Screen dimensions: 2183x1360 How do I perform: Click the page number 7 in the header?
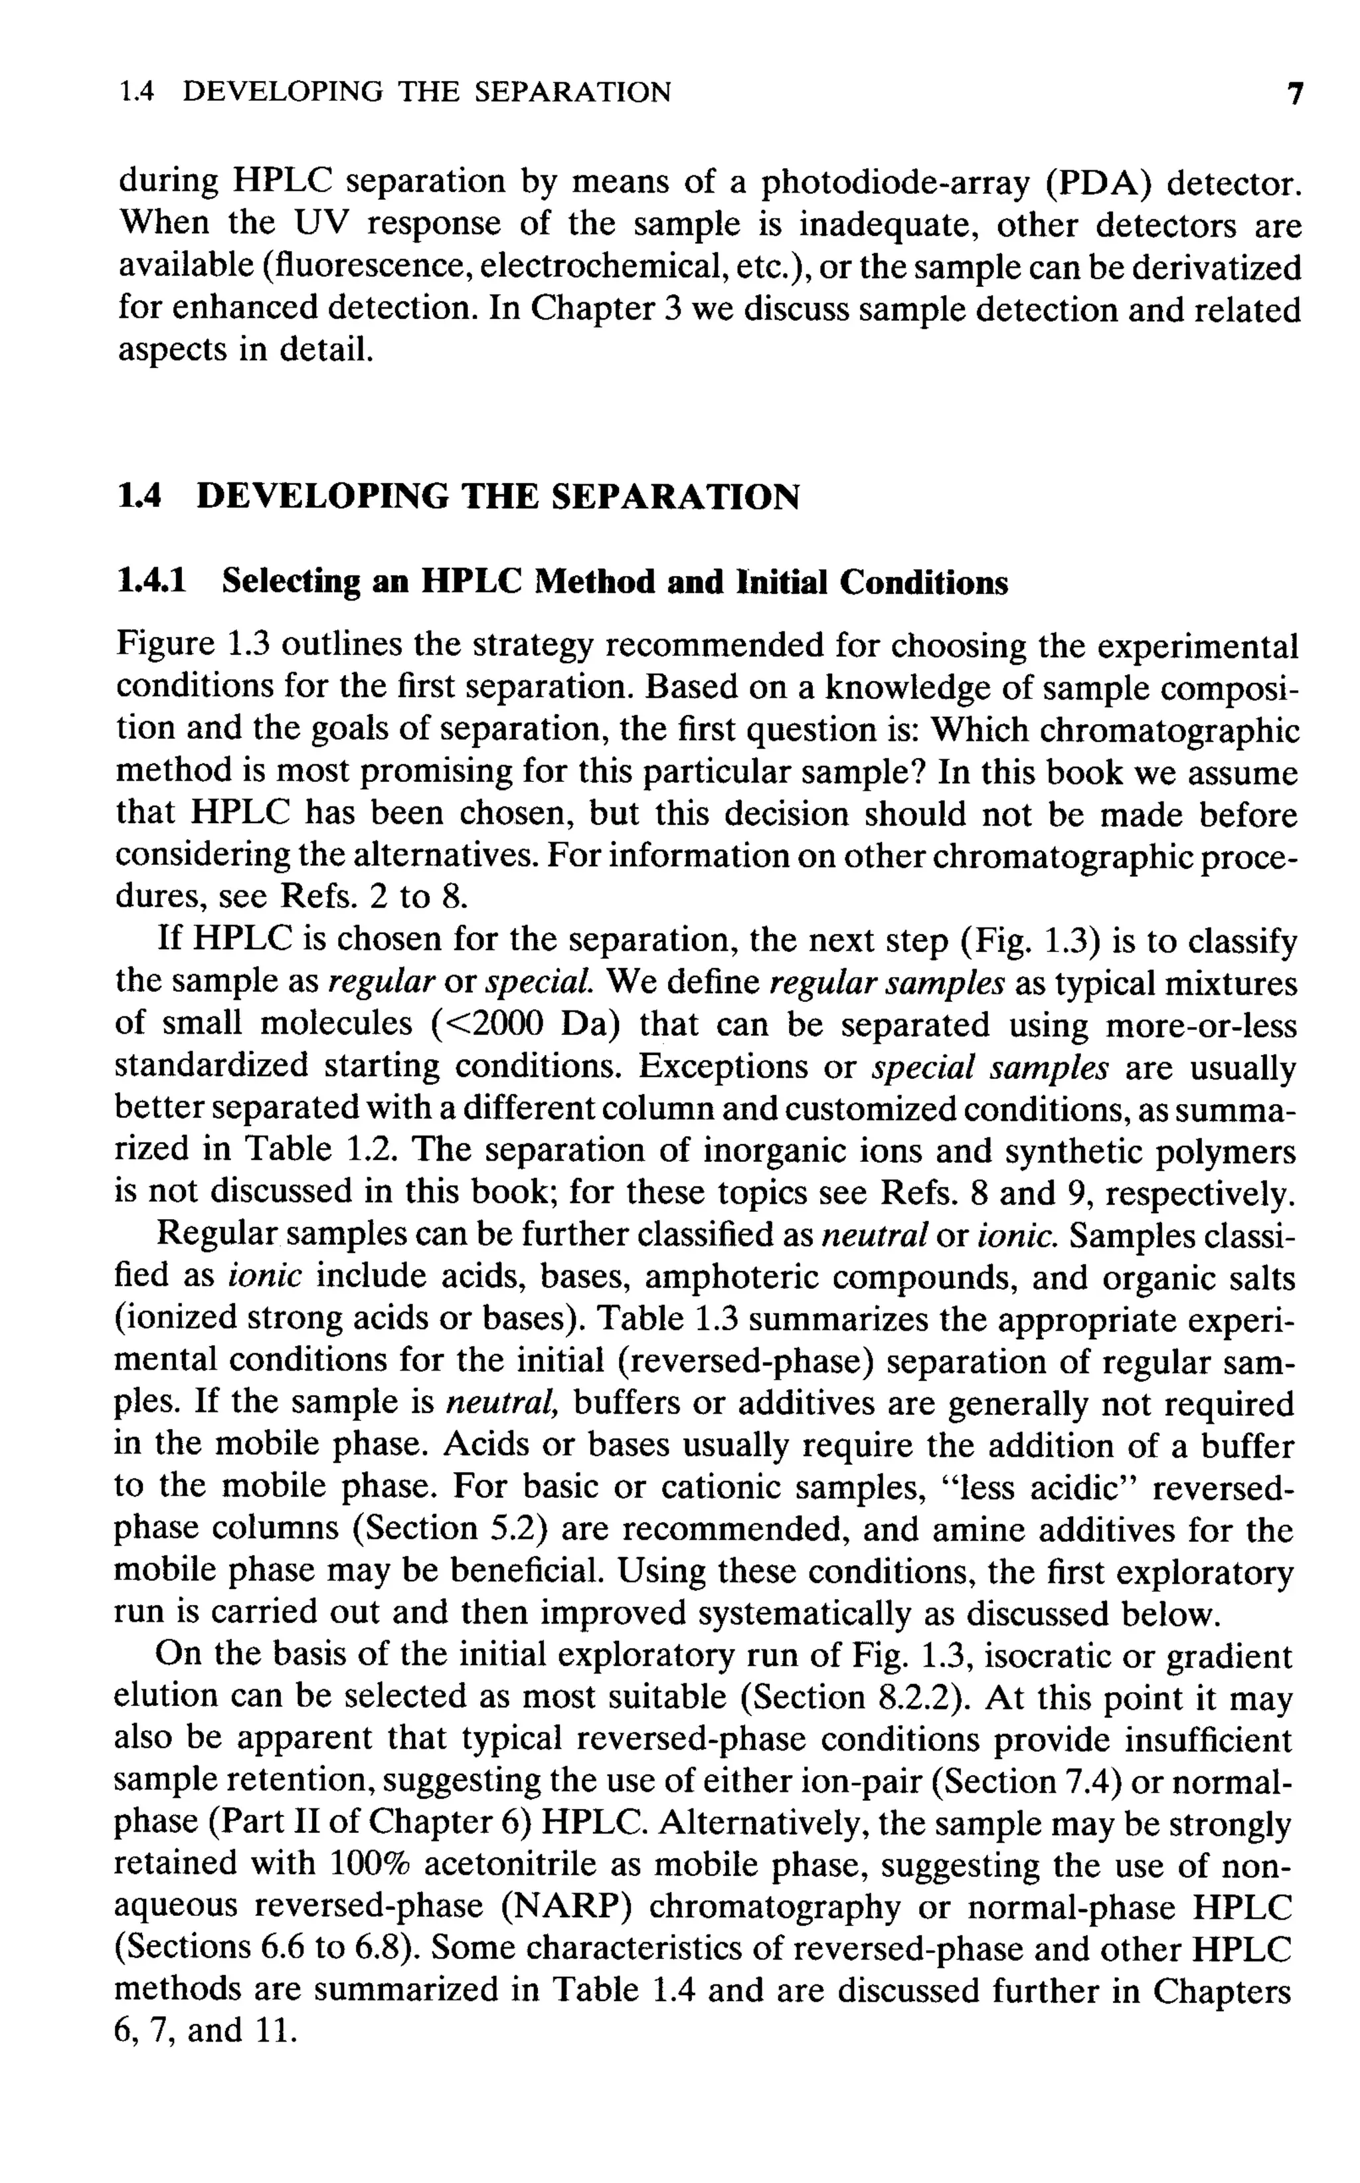pos(1294,94)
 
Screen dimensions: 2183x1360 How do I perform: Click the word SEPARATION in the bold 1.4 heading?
pos(675,497)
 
